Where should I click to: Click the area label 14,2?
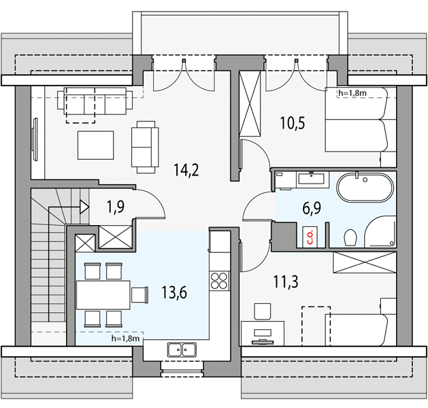(186, 170)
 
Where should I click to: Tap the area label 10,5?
(293, 123)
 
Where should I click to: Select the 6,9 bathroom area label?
(312, 208)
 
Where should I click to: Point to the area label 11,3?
(286, 282)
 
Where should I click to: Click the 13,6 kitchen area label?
(174, 292)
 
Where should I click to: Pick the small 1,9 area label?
(116, 207)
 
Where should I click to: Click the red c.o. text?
(311, 237)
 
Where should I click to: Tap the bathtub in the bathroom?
(365, 188)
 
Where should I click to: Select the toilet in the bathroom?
(350, 237)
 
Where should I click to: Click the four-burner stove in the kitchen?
(219, 281)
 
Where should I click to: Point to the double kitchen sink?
(182, 350)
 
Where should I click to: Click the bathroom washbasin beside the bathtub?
(312, 179)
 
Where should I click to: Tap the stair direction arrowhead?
(84, 207)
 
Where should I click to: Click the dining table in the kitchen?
(103, 295)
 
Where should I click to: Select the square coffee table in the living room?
(95, 145)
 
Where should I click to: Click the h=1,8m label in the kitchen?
(126, 339)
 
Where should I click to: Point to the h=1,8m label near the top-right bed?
(352, 93)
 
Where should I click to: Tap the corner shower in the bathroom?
(380, 232)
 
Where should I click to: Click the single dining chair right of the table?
(139, 295)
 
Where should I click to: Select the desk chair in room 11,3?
(263, 311)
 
